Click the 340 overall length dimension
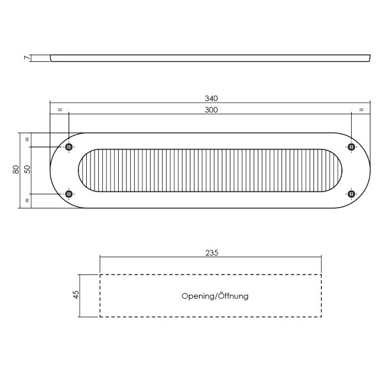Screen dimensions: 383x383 212,98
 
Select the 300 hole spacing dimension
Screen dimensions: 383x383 212,110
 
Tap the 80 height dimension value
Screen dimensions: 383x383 15,170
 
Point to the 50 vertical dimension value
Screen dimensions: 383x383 27,170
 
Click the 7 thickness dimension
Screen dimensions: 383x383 27,58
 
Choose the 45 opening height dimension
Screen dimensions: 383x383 77,295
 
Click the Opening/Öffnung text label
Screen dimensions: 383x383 214,296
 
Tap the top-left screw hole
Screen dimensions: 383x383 69,147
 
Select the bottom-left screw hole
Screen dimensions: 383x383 69,193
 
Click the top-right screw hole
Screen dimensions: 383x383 350,147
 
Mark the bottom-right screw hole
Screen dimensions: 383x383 350,193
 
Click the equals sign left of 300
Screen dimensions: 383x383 59,110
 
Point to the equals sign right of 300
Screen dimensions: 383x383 361,110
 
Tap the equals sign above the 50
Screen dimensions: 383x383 27,139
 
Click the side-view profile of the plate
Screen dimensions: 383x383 211,58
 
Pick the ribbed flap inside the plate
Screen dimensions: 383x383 211,170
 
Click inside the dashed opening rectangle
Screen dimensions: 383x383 147,306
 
